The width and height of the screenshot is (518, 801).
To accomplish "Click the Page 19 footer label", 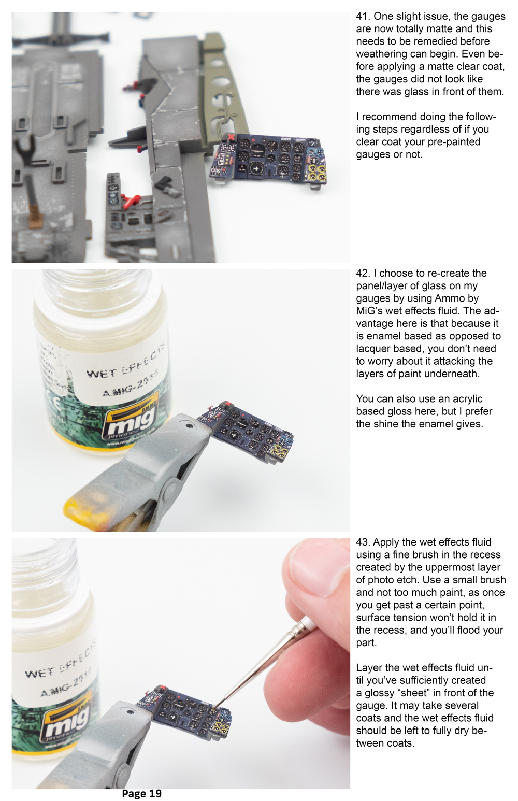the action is tap(141, 794).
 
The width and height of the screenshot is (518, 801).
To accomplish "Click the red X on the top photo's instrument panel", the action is tap(232, 137).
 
